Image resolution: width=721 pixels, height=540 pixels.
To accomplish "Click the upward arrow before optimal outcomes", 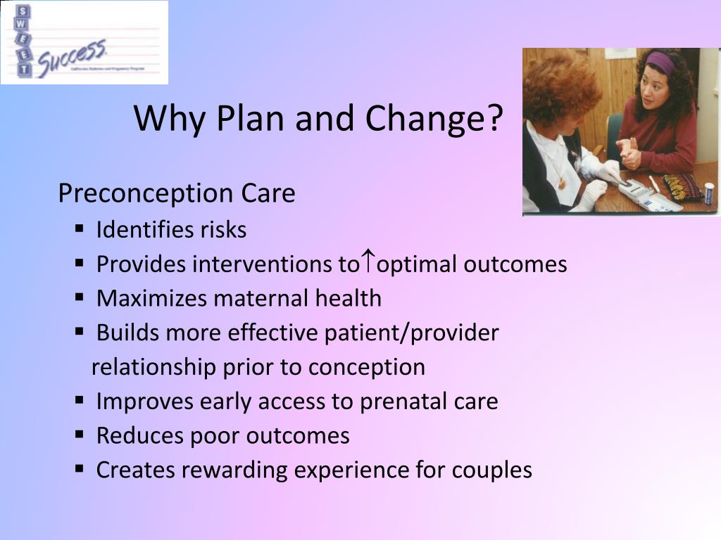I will pos(368,262).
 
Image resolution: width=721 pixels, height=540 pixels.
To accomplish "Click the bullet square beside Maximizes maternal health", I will pos(80,297).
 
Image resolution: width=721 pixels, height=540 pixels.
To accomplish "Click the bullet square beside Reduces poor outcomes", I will pos(80,435).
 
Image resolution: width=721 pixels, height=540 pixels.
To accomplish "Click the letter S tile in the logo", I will pos(23,12).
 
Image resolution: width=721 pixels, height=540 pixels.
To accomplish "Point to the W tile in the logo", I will pos(23,27).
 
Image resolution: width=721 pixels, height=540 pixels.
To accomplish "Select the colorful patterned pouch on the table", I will pos(682,187).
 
